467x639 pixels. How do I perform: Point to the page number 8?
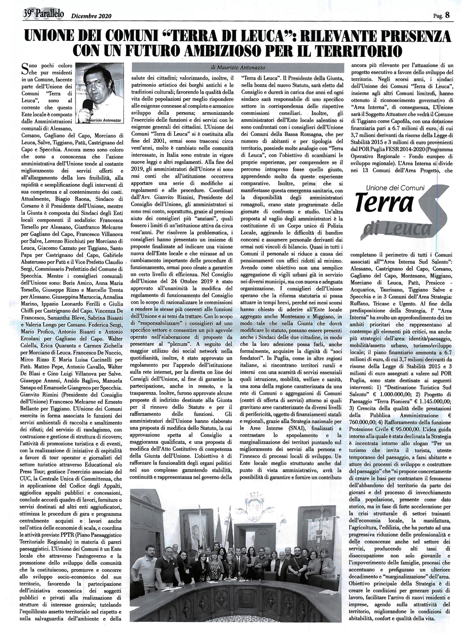447,15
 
